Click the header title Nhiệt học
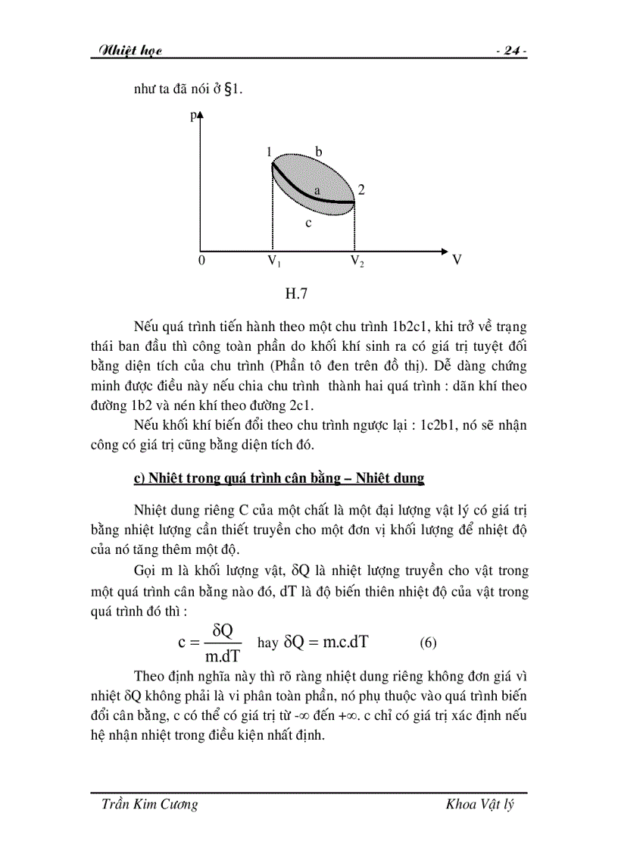coord(126,51)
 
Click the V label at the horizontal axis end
coord(457,260)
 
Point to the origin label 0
coord(201,261)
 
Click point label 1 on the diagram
coord(269,153)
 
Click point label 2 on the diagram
coord(362,190)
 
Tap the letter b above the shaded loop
coord(319,152)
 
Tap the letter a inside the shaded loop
coord(317,191)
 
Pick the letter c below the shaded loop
coord(308,223)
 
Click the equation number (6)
coord(429,643)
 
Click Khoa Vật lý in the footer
coord(480,804)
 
